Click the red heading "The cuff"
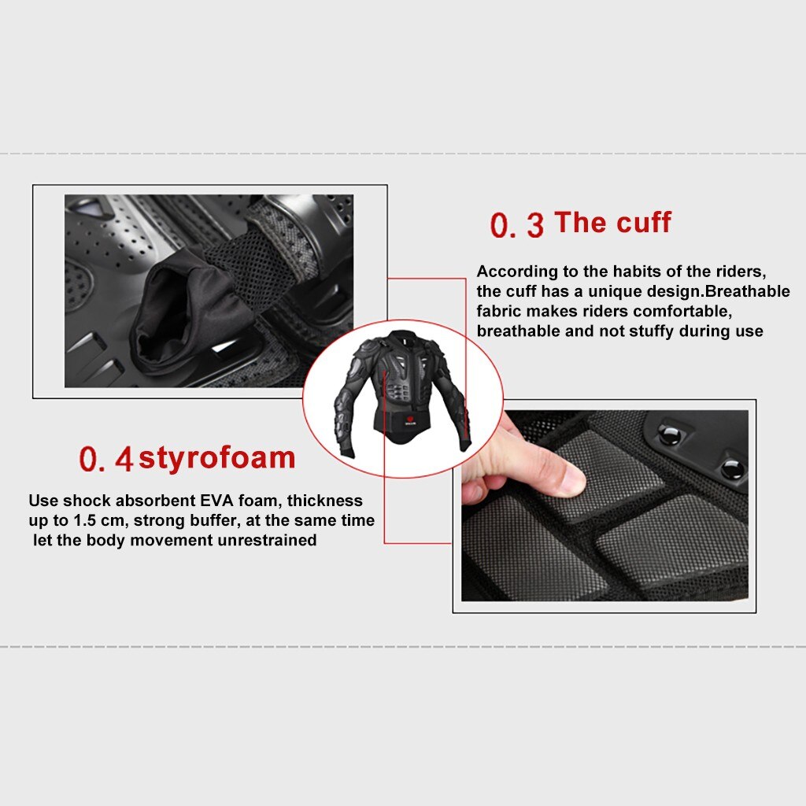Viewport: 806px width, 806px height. (x=612, y=223)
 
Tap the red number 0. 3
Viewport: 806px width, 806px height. (x=516, y=225)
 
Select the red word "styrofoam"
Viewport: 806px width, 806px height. (x=217, y=458)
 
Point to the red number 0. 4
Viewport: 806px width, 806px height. (x=106, y=459)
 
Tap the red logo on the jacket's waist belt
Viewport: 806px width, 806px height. (x=409, y=418)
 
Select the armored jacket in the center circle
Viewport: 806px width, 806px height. (x=402, y=394)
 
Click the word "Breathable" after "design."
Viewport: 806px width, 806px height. (x=748, y=291)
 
